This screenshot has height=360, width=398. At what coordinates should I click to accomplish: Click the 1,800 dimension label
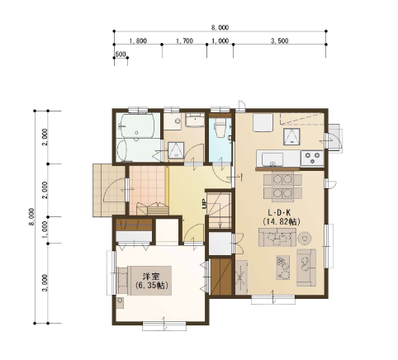click(x=138, y=41)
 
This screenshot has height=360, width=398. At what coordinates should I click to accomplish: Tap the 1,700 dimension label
click(x=184, y=41)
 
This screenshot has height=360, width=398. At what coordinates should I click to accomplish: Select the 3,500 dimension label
click(x=280, y=41)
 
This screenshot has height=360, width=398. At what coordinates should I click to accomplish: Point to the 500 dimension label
click(x=121, y=54)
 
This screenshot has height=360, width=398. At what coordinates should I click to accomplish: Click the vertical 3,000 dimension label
click(x=46, y=283)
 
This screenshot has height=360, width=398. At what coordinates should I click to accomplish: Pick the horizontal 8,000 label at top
click(x=220, y=27)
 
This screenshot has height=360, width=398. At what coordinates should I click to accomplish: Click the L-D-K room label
click(x=280, y=212)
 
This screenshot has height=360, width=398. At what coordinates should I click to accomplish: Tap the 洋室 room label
click(x=151, y=277)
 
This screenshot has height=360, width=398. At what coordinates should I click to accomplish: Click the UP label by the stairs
click(x=204, y=204)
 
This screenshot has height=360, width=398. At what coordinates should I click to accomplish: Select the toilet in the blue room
click(x=220, y=128)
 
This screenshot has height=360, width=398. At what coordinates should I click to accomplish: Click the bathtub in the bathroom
click(x=137, y=126)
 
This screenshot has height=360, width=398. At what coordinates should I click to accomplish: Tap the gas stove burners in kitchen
click(x=312, y=158)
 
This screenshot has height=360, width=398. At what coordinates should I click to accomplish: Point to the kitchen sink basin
click(x=272, y=159)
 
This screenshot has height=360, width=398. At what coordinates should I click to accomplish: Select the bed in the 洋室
click(x=145, y=281)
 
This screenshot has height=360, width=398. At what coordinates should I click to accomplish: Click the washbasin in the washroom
click(x=195, y=120)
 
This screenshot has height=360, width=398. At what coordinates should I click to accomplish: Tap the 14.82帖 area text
click(x=281, y=221)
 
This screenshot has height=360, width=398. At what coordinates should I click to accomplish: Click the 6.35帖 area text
click(x=152, y=286)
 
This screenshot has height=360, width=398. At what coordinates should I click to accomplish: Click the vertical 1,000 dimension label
click(x=46, y=230)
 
